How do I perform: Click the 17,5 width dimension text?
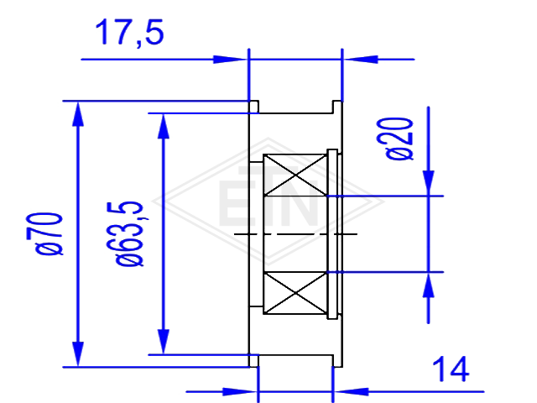coord(129,33)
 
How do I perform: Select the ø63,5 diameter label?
coord(129,233)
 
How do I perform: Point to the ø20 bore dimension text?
coord(399,139)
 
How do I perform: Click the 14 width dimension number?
coord(451,369)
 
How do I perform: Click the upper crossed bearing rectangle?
coord(295,175)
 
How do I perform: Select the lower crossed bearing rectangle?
coord(295,293)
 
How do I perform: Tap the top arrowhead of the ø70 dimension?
coord(78,114)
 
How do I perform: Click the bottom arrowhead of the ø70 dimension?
coord(78,354)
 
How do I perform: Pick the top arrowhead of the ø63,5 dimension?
coord(164,126)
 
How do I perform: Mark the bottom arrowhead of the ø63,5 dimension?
coord(164,342)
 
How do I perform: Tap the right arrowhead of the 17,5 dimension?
coord(360,60)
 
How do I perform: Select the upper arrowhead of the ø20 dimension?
coord(428,183)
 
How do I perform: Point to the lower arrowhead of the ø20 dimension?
coord(428,285)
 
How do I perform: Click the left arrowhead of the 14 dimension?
coord(240,391)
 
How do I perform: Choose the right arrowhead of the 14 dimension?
coord(351,391)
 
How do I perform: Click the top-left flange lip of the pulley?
coord(253,107)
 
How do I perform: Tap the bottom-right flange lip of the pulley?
coord(337,361)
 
